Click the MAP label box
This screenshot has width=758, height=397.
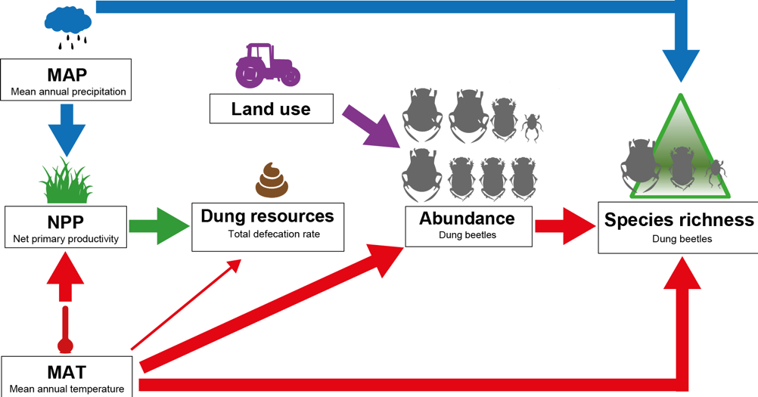(x=67, y=82)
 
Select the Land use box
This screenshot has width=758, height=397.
(x=271, y=109)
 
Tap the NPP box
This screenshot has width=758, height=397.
(x=66, y=228)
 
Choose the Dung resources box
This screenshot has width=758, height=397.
(x=267, y=226)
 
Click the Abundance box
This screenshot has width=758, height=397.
(x=467, y=225)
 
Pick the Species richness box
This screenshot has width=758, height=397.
(x=679, y=227)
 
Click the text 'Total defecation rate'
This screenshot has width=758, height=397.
(x=274, y=234)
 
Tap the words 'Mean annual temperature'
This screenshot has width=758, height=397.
(x=67, y=389)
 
